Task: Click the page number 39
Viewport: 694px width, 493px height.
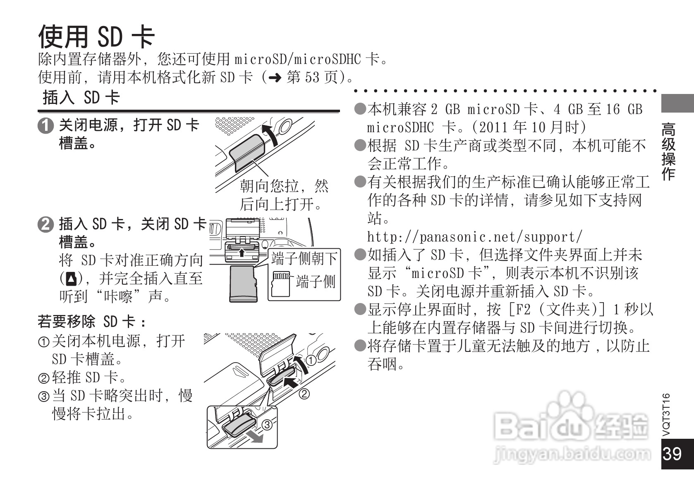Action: pos(672,454)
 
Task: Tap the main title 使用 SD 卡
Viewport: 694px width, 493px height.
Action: pos(96,36)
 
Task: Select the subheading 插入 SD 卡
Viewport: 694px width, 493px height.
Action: pos(81,98)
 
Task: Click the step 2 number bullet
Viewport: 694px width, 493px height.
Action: pos(45,225)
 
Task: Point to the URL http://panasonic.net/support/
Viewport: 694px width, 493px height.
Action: pos(474,237)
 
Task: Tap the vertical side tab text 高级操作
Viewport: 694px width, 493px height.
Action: pos(668,151)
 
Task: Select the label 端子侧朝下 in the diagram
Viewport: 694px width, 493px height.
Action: pos(304,259)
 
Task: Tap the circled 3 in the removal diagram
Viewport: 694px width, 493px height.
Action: pos(267,425)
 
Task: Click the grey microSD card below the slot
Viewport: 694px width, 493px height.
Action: pos(243,284)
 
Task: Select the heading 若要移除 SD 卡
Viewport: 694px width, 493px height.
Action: pos(92,322)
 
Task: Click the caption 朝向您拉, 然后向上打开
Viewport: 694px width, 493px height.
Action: pos(284,195)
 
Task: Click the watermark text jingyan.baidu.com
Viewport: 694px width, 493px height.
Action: pos(573,454)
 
